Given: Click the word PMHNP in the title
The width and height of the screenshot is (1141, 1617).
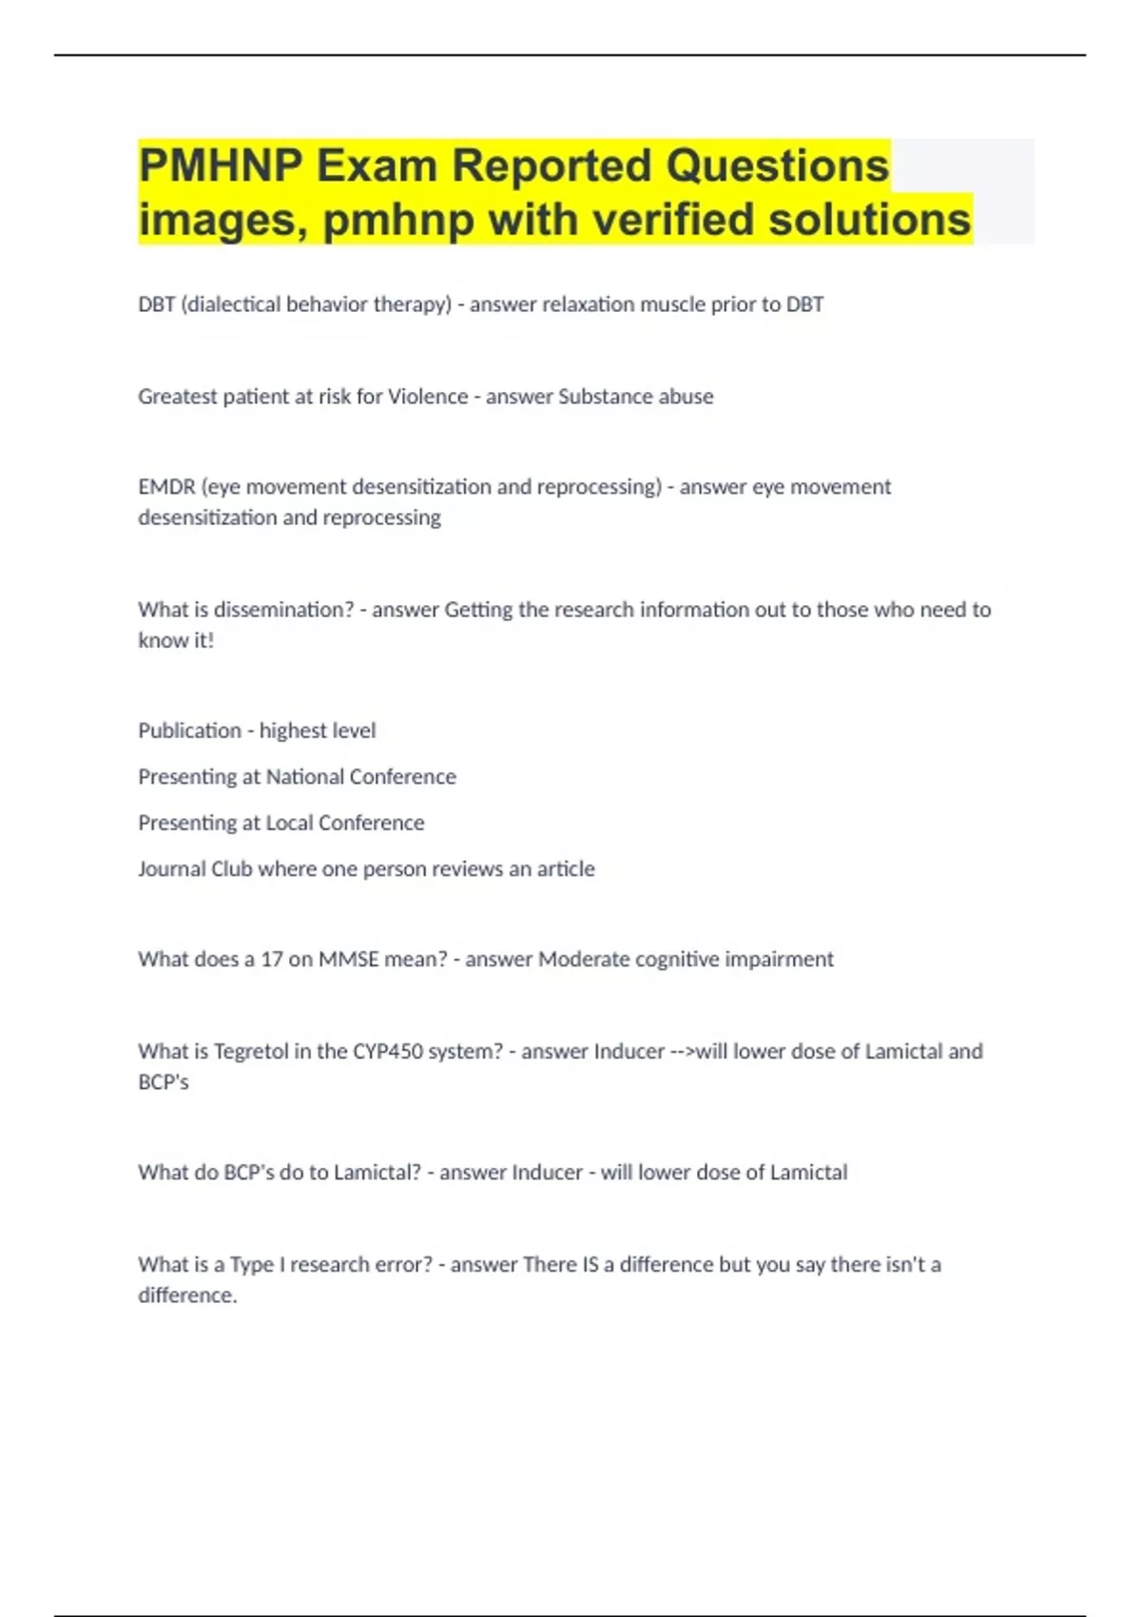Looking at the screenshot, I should point(221,166).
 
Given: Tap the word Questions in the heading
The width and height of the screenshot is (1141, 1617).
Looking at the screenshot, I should point(777,166).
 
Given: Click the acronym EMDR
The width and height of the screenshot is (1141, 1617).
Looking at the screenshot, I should point(166,487).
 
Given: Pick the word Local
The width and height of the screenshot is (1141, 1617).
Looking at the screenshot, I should point(291,823).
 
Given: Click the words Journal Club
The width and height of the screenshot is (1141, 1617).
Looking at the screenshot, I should point(195,869).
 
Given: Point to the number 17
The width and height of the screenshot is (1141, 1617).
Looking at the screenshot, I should point(272,960).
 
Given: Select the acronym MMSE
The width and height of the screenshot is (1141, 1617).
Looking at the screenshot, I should point(347,960).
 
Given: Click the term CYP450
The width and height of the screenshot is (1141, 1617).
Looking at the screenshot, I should point(388,1052).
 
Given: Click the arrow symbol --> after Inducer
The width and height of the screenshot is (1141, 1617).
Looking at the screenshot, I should point(682,1052).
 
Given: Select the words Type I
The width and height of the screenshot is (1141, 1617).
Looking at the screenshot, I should point(257,1265).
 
